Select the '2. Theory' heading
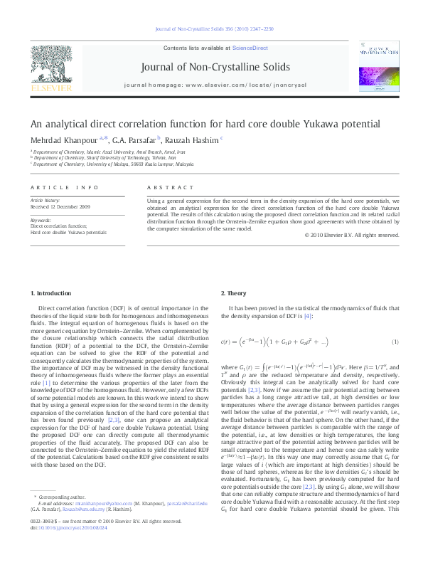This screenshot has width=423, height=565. click(233, 294)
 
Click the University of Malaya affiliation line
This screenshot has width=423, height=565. click(112, 163)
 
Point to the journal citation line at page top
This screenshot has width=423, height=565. click(211, 30)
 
